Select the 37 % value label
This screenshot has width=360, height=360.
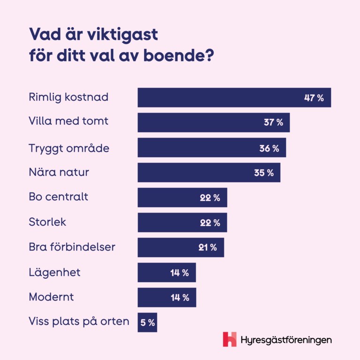coord(273,123)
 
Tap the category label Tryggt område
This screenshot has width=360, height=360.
coord(69,148)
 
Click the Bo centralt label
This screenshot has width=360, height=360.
coord(58,197)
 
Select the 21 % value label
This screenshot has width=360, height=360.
coord(207,247)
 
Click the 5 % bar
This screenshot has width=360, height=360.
coord(147,322)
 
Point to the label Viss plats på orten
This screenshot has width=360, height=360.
coord(79,322)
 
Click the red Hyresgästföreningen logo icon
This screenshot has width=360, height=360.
coord(230,339)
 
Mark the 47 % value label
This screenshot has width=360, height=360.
coord(314,98)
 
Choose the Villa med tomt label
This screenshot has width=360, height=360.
coord(69,121)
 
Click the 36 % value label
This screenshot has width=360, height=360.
coord(269,148)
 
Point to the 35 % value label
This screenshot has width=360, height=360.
coord(264,173)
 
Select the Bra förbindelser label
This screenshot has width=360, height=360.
coord(72,247)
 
